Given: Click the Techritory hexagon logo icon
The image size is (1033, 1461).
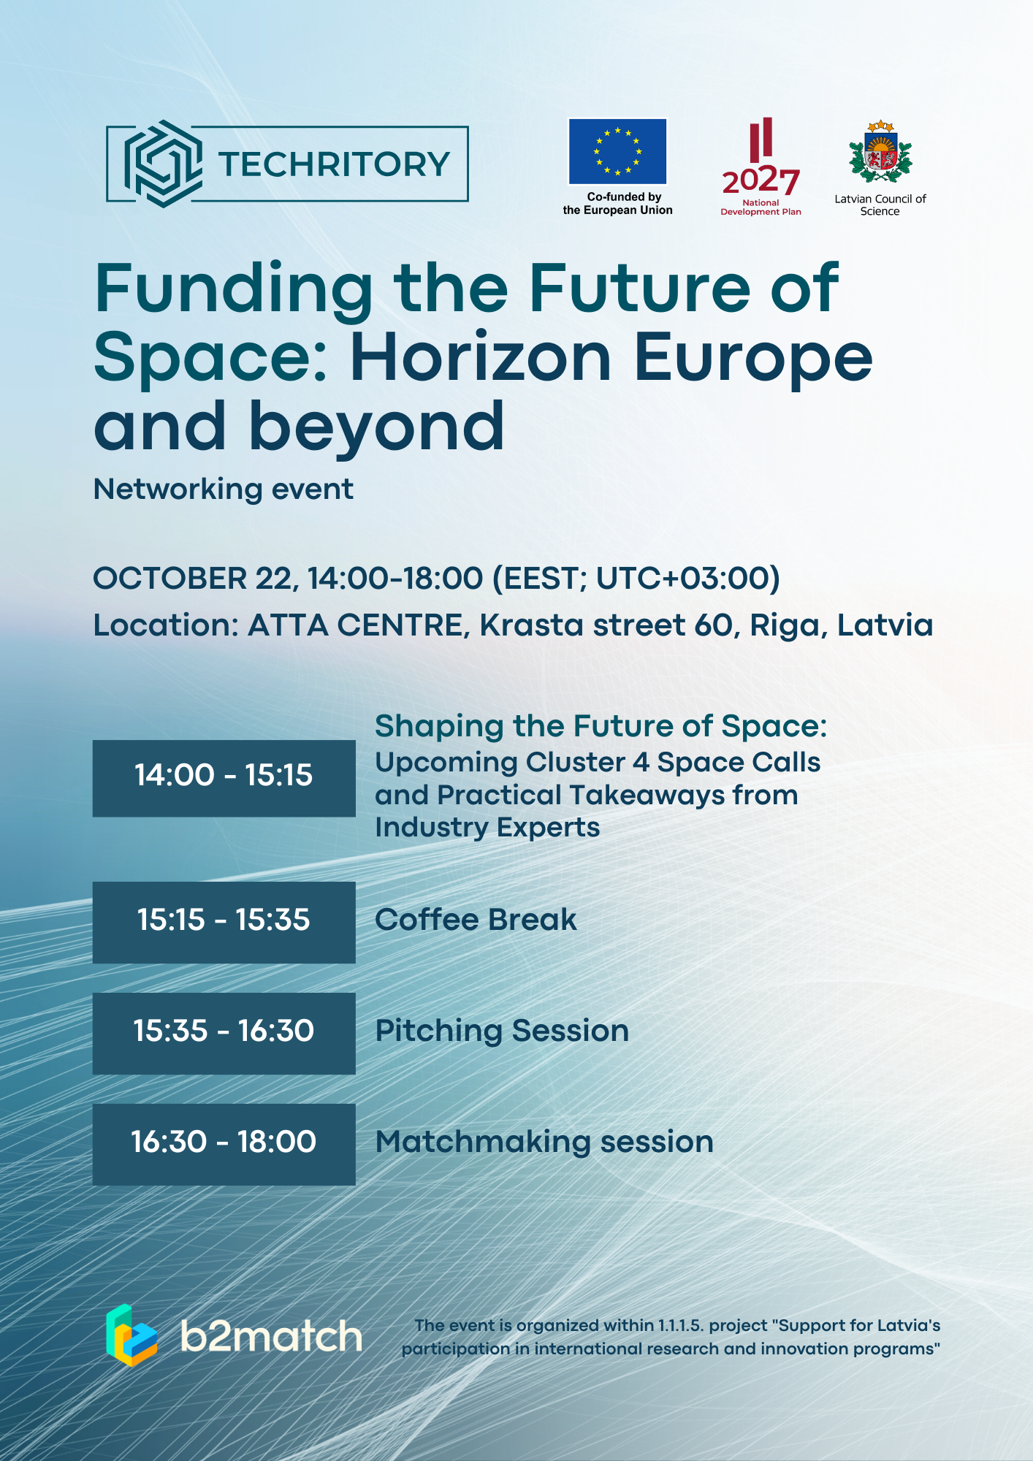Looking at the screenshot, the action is tap(162, 164).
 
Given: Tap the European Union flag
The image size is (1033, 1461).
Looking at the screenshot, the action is tap(618, 151).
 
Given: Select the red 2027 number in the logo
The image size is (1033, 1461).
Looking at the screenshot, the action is tap(761, 180).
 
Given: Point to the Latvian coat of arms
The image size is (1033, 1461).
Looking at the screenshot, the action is tap(880, 152).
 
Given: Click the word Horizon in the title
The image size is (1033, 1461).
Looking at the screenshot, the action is tap(481, 358).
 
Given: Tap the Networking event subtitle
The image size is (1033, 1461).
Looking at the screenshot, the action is tap(224, 489).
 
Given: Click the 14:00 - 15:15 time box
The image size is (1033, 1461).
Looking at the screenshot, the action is tap(224, 778).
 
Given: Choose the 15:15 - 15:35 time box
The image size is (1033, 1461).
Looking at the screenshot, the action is tap(224, 922).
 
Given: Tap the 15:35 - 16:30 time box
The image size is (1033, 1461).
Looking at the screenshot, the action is tap(224, 1033).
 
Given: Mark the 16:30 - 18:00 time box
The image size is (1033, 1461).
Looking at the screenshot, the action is tap(224, 1144).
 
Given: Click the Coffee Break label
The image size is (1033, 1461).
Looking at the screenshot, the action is tap(476, 920).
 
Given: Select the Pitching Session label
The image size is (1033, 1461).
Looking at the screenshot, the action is tap(502, 1031).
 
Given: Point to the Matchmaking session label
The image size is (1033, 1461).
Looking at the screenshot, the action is tap(544, 1142).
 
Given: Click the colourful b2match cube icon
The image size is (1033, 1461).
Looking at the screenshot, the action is tap(131, 1335).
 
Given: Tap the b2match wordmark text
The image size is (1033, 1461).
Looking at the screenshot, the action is tap(271, 1336).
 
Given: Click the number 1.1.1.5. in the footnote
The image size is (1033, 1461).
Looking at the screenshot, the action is tap(681, 1325).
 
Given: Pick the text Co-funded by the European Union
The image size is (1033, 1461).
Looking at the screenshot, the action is tap(618, 203).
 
